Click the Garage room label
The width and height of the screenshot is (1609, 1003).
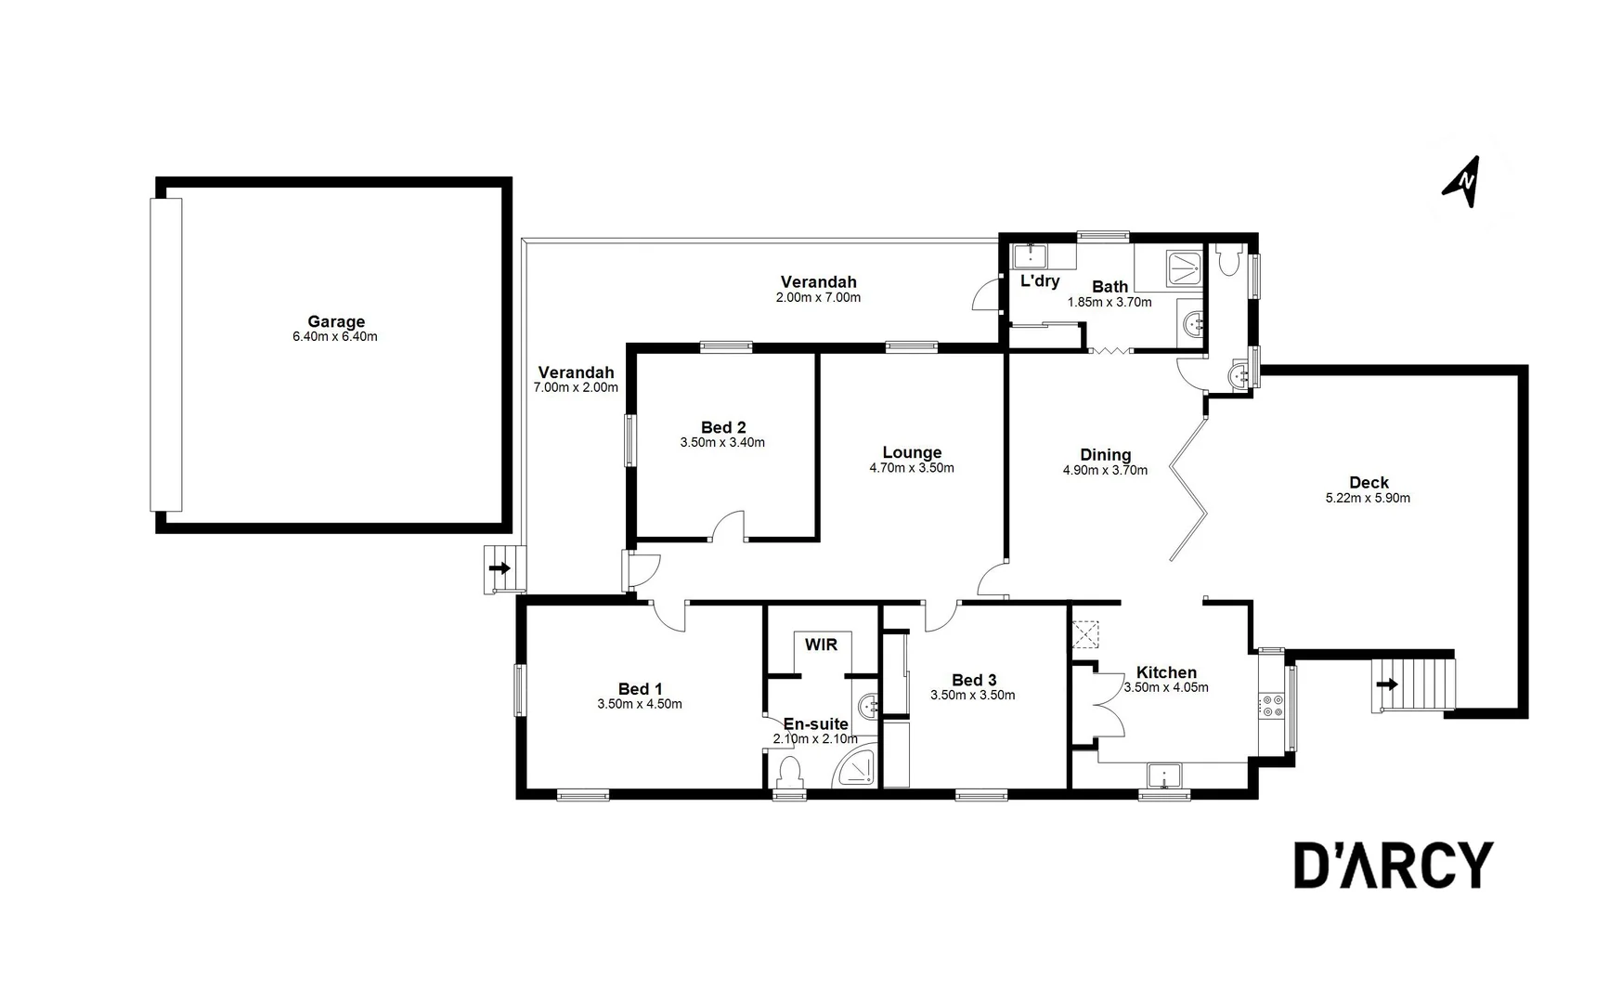pos(335,322)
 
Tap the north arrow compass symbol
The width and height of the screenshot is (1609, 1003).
pos(1463,181)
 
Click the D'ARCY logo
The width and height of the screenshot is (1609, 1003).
pos(1393,866)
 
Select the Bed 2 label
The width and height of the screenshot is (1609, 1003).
pos(722,427)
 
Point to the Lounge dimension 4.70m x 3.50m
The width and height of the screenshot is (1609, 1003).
pos(911,468)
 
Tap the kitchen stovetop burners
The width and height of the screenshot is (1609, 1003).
pos(1270,705)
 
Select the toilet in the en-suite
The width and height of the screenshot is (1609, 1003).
pos(790,771)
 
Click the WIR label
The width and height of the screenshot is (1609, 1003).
pos(821,645)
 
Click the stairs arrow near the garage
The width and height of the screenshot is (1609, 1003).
pos(500,568)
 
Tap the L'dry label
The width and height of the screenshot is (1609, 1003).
pos(1039,280)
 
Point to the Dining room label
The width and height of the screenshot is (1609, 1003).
pos(1105,454)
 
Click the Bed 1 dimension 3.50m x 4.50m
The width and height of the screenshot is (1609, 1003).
pos(639,704)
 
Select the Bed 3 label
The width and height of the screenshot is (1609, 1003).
pos(972,680)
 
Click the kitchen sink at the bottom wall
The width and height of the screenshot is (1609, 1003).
pos(1163,775)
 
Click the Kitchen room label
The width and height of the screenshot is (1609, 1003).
pos(1166,672)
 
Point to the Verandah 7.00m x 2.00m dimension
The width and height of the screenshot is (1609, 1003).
pos(576,387)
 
